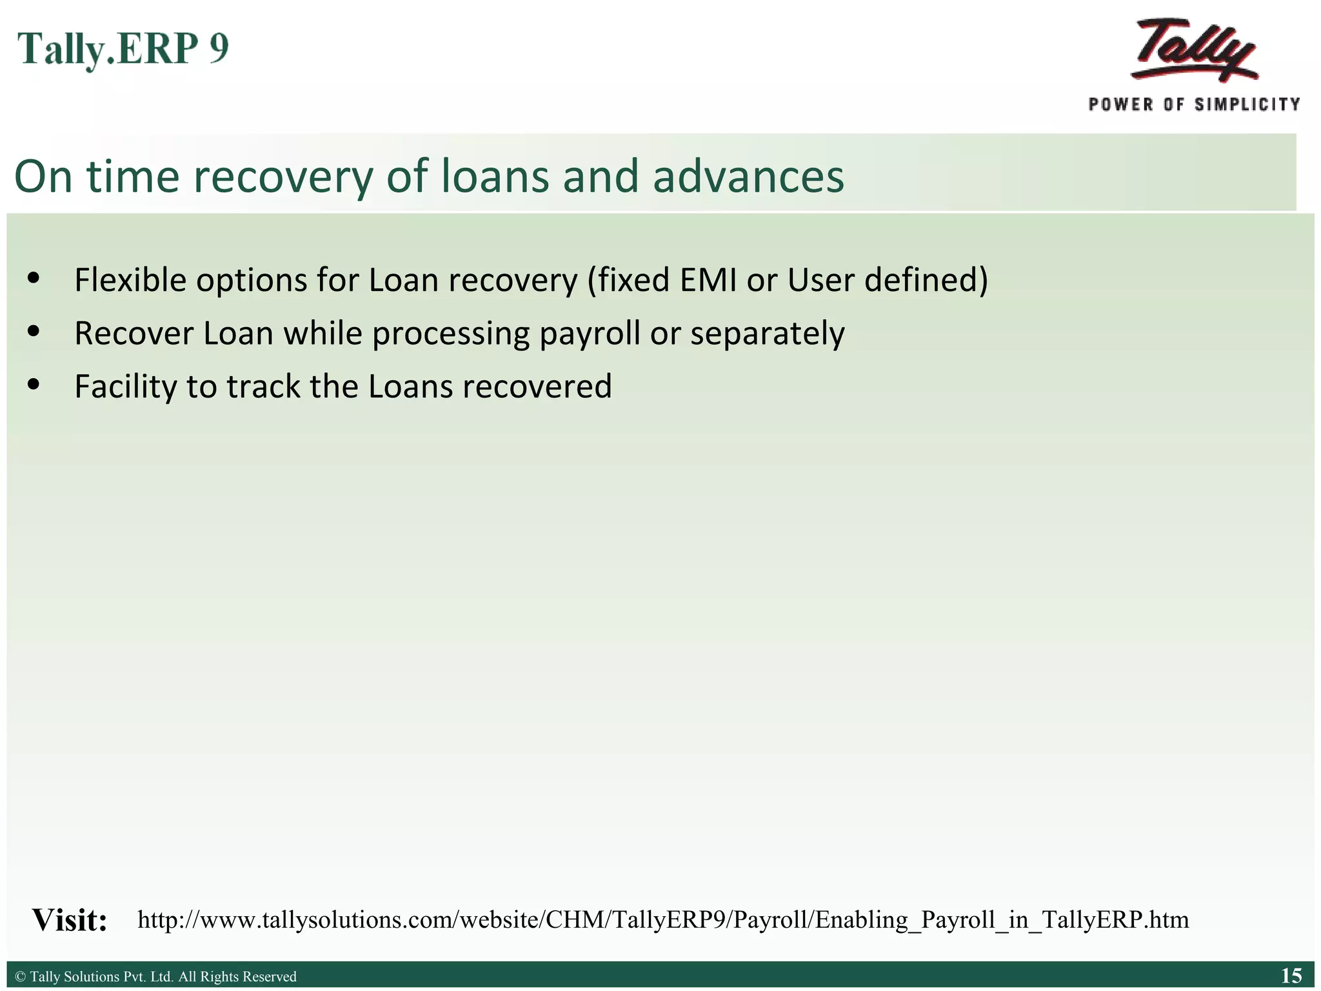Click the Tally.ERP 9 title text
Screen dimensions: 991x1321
(x=123, y=48)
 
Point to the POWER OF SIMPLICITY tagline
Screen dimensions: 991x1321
(x=1194, y=105)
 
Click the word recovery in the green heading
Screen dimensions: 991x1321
(x=283, y=176)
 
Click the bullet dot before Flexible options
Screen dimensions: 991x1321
(x=34, y=279)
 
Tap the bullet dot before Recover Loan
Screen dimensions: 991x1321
(x=34, y=332)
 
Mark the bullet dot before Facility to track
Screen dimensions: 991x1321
(x=34, y=385)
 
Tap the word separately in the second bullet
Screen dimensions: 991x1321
(x=767, y=334)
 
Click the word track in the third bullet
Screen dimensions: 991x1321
(x=263, y=387)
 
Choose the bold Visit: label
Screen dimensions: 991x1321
(x=70, y=920)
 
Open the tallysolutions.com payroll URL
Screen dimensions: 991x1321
(x=663, y=919)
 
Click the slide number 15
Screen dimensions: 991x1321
(x=1291, y=976)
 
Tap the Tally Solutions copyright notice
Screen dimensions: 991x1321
(x=155, y=977)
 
